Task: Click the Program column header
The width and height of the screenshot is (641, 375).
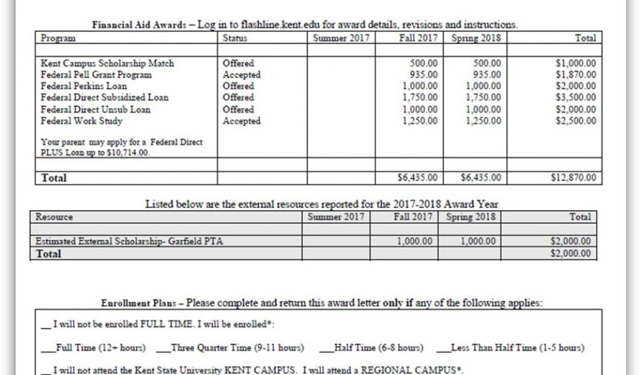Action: coord(58,38)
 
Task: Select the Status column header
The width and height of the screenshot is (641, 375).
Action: coord(235,38)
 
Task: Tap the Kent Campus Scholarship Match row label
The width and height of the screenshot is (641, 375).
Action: coord(108,63)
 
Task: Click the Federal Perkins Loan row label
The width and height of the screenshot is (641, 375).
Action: coord(84,86)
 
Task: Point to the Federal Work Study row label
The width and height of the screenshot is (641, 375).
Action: coord(82,121)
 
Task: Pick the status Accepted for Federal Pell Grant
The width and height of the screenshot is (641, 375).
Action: coord(242,75)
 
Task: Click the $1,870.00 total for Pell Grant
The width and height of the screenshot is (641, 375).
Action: coord(576,75)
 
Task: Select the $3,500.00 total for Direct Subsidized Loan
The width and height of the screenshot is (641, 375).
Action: coord(576,97)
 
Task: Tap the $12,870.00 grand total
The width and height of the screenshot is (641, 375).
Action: coord(573,178)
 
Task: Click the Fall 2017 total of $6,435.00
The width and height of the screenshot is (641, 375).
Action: coord(418,178)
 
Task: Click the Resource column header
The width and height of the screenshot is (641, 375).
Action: coord(54,217)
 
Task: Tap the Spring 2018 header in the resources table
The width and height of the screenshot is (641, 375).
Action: coord(471,217)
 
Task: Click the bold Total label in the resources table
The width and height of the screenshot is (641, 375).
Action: coord(49,254)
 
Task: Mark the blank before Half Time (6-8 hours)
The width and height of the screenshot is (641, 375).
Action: coord(327,348)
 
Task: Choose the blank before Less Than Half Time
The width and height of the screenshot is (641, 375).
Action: coord(443,348)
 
